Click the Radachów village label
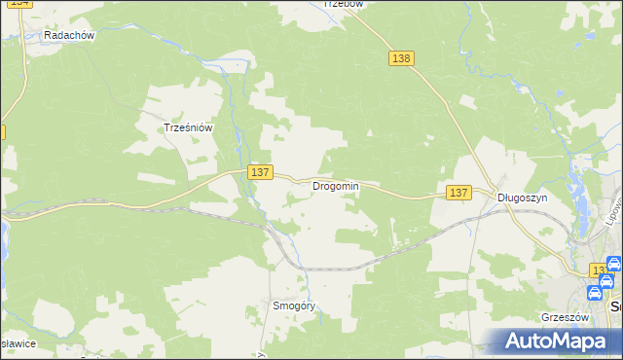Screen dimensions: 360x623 tap(68, 35)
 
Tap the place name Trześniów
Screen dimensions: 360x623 tap(188, 126)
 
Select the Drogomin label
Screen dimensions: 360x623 tap(336, 186)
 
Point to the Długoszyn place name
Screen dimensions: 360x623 tap(523, 197)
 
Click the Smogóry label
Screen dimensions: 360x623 tap(295, 306)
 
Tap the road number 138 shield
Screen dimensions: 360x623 tap(402, 58)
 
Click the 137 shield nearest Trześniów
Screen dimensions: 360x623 tap(259, 171)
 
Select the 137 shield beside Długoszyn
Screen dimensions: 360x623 tap(459, 193)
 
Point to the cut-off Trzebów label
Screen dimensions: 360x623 tap(344, 4)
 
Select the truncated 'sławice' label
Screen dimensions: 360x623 tap(18, 343)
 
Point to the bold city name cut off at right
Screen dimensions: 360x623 tap(615, 306)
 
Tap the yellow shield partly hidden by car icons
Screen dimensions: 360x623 tap(598, 270)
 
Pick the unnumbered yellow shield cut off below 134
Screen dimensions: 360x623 tap(2, 130)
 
